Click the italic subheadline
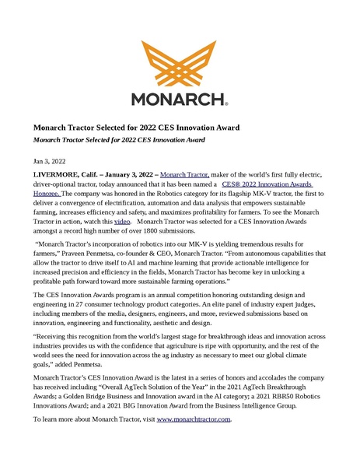[118, 140]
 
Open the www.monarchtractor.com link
[194, 419]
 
